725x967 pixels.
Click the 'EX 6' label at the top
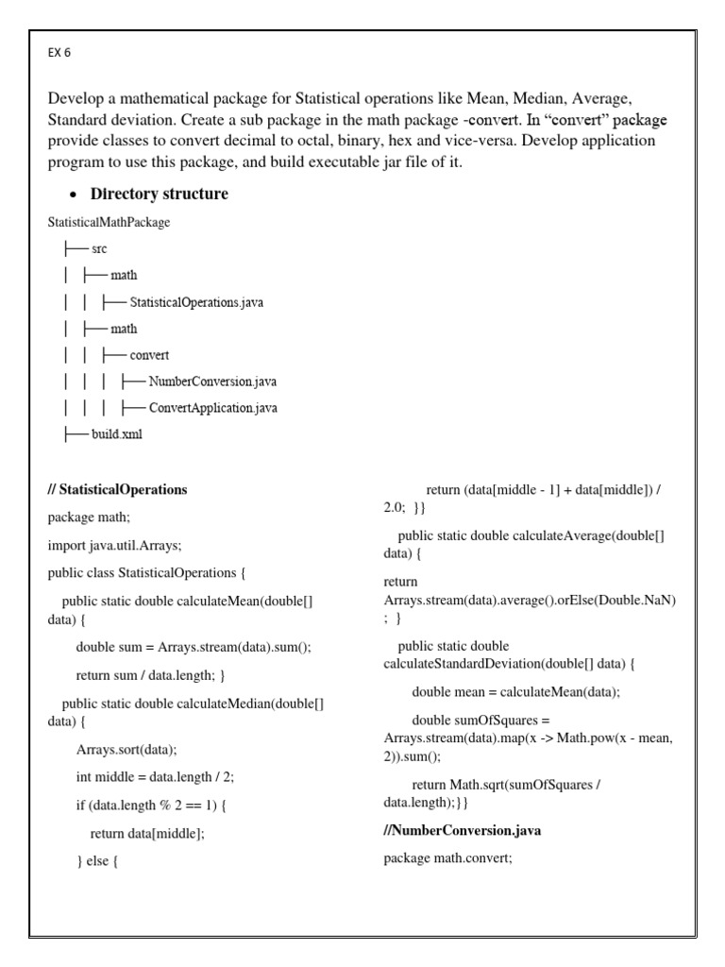(x=59, y=53)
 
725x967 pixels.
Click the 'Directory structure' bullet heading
(x=159, y=194)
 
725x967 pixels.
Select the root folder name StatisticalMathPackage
(x=109, y=222)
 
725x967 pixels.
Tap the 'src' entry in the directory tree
(x=99, y=248)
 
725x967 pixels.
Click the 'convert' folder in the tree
(x=149, y=355)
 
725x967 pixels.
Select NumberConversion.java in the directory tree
(x=212, y=382)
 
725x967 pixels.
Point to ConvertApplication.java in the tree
(x=212, y=408)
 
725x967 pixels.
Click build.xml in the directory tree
(x=116, y=434)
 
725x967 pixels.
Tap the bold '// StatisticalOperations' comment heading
(x=117, y=489)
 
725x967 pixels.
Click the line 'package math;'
(x=89, y=517)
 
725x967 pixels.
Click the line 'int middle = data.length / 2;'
(x=155, y=776)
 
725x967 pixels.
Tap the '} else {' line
(x=96, y=860)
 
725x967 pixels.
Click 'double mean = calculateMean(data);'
(x=516, y=691)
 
